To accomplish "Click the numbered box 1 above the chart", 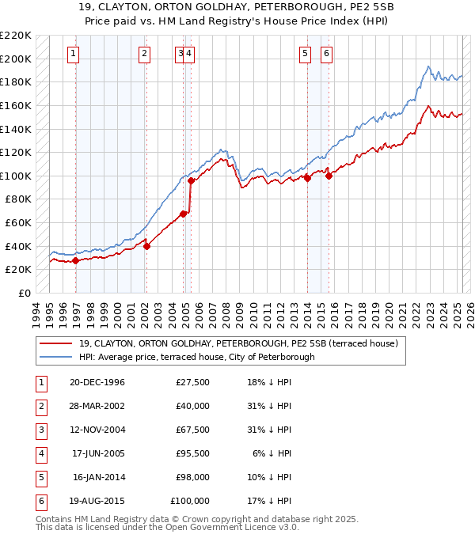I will (73, 54).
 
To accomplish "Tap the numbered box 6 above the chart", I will (326, 54).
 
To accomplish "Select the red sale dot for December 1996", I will (75, 260).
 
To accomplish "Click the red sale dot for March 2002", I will (146, 246).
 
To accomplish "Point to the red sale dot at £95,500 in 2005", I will (191, 181).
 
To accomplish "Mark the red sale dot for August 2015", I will (329, 176).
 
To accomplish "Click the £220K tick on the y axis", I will (16, 36).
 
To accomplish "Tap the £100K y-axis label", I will (16, 176).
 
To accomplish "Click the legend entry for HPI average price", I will (196, 357).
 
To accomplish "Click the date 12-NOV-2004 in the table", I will (97, 430).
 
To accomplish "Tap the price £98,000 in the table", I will (191, 477).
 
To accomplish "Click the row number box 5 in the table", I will (39, 477).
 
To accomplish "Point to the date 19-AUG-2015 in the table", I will (97, 501).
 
